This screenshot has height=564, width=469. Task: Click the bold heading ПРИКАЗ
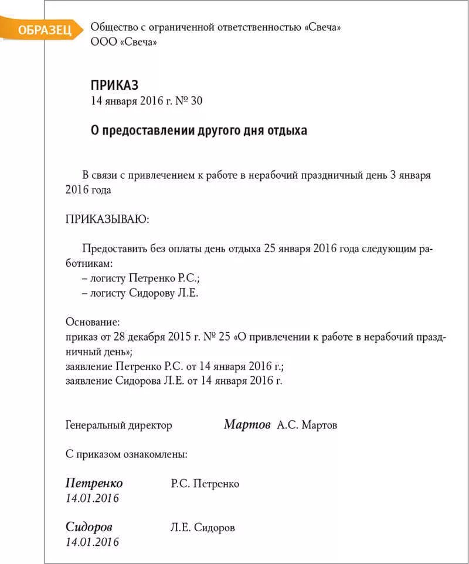click(x=114, y=85)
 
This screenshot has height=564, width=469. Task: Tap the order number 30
click(x=196, y=101)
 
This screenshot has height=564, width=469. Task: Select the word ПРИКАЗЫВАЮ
click(x=107, y=219)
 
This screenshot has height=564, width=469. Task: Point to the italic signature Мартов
click(x=247, y=424)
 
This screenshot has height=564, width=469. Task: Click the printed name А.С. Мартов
click(x=307, y=425)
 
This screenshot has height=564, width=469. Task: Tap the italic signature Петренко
click(x=94, y=483)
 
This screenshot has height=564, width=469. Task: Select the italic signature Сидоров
click(x=89, y=526)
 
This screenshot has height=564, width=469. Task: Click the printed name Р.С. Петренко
click(x=205, y=484)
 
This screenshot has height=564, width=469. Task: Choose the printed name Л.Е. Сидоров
click(x=203, y=528)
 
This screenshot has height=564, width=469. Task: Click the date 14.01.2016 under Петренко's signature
click(x=92, y=498)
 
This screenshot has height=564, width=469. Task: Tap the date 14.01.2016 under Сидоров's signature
click(x=92, y=542)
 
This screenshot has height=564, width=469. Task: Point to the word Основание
click(x=93, y=322)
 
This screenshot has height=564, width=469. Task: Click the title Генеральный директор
click(x=119, y=425)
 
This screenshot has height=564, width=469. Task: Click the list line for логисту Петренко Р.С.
click(x=145, y=278)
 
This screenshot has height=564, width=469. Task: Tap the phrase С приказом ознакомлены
click(x=127, y=454)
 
